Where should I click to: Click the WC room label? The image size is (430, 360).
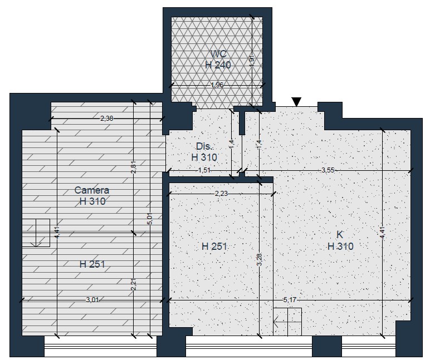(x=218, y=54)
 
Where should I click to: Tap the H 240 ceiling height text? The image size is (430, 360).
(x=218, y=65)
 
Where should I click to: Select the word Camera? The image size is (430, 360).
(x=92, y=190)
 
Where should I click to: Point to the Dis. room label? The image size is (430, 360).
(x=204, y=146)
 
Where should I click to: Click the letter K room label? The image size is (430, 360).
(x=340, y=234)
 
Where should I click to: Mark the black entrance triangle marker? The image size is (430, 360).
(x=296, y=102)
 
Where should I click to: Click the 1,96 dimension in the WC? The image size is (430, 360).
(x=217, y=85)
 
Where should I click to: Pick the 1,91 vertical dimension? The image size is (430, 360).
(x=252, y=60)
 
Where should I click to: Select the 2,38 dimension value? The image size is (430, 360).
(x=107, y=119)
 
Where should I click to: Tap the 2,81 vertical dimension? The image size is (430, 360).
(x=134, y=167)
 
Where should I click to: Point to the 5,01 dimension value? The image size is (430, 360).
(x=150, y=219)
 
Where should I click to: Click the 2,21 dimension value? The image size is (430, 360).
(x=134, y=284)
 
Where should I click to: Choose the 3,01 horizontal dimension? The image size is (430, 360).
(x=92, y=300)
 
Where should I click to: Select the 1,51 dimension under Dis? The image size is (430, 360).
(x=204, y=170)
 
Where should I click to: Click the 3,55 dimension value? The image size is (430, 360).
(x=328, y=170)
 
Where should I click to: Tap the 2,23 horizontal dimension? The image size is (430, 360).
(x=221, y=194)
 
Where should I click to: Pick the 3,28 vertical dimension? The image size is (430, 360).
(x=260, y=259)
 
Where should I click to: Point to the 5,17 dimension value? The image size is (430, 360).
(x=290, y=300)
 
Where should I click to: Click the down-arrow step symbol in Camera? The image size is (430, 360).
(x=36, y=233)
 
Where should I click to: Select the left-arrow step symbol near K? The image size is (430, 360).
(x=287, y=322)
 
